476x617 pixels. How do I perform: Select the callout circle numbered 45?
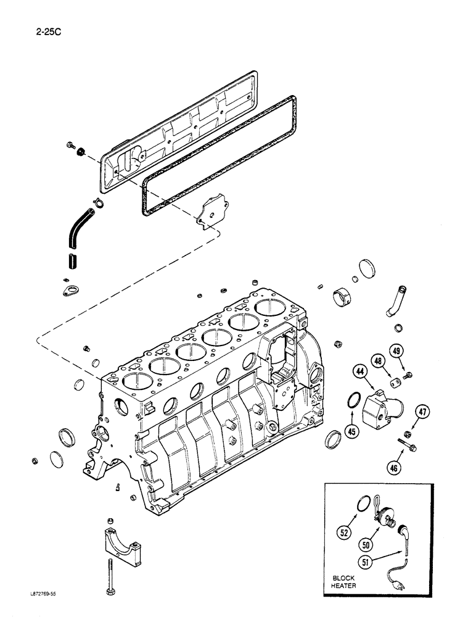[x=351, y=431]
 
